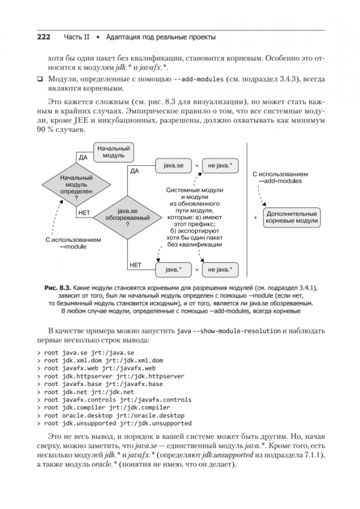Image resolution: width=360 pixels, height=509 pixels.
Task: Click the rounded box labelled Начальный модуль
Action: tap(113, 152)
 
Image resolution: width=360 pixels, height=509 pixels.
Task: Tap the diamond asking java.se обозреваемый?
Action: tap(127, 218)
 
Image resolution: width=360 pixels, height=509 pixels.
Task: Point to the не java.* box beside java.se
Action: tap(220, 166)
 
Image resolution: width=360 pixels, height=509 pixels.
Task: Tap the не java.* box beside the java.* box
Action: tap(220, 270)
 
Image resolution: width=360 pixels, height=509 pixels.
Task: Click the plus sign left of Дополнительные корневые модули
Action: tap(255, 218)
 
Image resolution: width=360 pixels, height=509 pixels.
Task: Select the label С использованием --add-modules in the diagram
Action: tap(280, 177)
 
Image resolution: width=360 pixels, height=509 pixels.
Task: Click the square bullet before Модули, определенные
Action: tap(40, 80)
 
